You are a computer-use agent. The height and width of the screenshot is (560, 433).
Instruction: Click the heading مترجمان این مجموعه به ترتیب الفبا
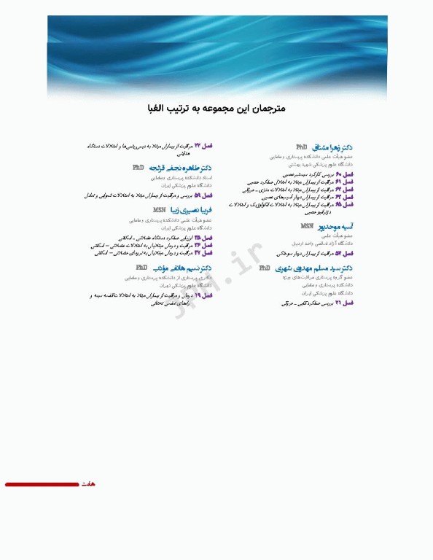pos(216,108)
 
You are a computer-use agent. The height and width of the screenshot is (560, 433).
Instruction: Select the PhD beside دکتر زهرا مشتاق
pos(302,147)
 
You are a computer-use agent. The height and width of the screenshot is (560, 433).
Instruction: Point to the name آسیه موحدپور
pos(337,227)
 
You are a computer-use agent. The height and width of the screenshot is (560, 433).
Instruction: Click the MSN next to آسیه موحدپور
pos(308,227)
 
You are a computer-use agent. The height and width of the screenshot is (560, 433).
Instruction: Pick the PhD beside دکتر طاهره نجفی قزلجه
pos(139,168)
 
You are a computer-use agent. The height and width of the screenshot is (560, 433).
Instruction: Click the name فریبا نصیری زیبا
pos(192,210)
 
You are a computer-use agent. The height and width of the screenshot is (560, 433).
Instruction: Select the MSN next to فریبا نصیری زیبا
pos(160,210)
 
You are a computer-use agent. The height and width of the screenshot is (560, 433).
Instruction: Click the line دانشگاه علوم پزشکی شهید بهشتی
pos(326,164)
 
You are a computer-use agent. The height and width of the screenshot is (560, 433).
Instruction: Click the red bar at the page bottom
pos(42,484)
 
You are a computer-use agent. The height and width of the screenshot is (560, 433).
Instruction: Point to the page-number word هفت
pos(88,484)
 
